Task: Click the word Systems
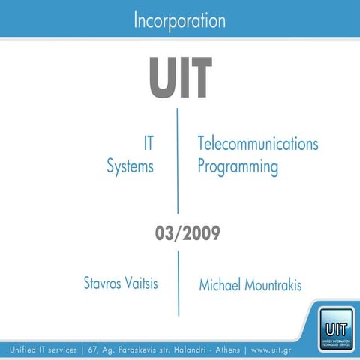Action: [x=130, y=166]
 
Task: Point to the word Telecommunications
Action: [x=258, y=144]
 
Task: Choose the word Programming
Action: [x=238, y=166]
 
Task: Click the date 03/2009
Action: [x=179, y=233]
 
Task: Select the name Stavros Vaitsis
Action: [x=121, y=283]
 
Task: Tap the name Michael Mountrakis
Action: [x=250, y=286]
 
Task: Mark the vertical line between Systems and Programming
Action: [x=178, y=161]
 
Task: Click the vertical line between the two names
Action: [x=178, y=283]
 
